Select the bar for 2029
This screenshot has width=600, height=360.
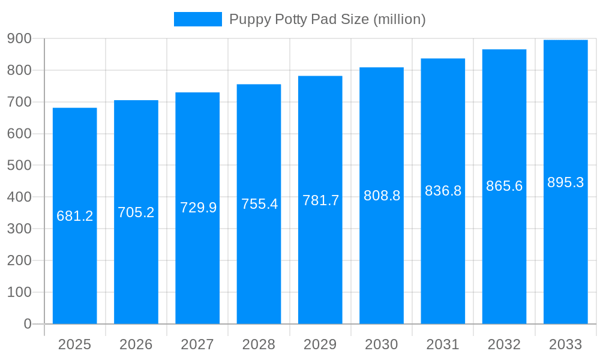tap(320, 252)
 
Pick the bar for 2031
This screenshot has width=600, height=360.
tap(443, 252)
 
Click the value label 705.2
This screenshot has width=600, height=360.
tap(136, 212)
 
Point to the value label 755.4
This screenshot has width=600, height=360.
tap(259, 204)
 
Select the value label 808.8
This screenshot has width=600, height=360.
tap(382, 196)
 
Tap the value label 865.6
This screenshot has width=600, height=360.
tap(504, 186)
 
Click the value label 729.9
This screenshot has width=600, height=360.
tap(198, 208)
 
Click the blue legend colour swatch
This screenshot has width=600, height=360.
tap(197, 19)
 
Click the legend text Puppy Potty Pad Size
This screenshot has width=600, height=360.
tap(327, 19)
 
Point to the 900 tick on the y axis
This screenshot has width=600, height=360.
tap(19, 38)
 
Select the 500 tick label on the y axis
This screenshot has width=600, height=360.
tap(19, 165)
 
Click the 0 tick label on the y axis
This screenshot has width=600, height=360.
tap(27, 324)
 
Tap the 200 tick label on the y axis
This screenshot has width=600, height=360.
tap(19, 260)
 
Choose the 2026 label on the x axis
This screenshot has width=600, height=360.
tap(136, 344)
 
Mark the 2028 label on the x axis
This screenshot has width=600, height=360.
tap(259, 344)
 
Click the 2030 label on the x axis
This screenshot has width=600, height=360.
tap(382, 344)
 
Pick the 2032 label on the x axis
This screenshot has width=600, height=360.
tap(504, 344)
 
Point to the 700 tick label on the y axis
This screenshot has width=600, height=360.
tap(19, 102)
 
